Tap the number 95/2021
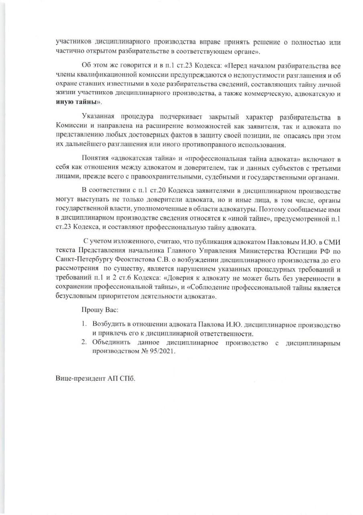(162, 350)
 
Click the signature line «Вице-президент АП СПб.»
(96, 379)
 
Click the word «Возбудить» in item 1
(106, 324)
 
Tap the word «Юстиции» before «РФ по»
(308, 250)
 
